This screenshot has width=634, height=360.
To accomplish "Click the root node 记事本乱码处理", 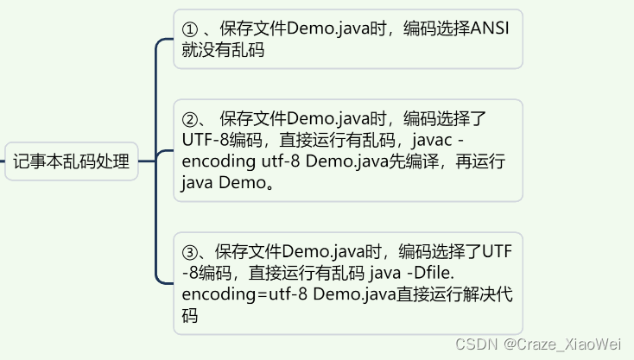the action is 71,161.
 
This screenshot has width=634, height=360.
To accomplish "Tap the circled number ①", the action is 190,29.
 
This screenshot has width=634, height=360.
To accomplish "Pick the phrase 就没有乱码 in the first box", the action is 223,50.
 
